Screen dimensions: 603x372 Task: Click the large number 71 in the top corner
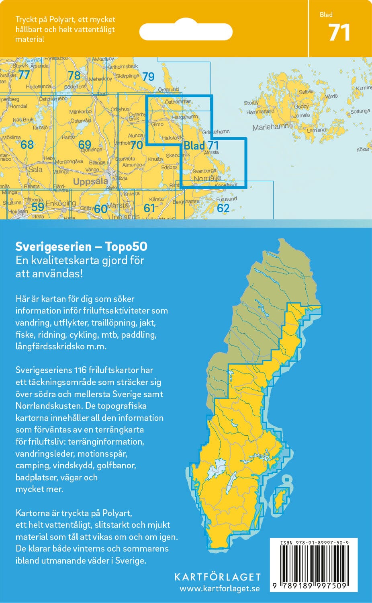pyautogui.click(x=339, y=33)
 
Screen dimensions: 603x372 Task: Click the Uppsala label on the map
pyautogui.click(x=90, y=181)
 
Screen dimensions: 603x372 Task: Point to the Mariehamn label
pyautogui.click(x=270, y=127)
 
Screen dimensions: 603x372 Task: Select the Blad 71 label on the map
pyautogui.click(x=201, y=145)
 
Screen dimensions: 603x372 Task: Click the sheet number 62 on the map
pyautogui.click(x=223, y=208)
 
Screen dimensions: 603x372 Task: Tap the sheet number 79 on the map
pyautogui.click(x=148, y=76)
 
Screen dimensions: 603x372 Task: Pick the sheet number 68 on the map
pyautogui.click(x=27, y=144)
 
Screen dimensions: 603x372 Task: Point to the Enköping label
pyautogui.click(x=61, y=203)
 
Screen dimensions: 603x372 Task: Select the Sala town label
pyautogui.click(x=35, y=170)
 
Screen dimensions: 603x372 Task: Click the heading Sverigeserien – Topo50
pyautogui.click(x=81, y=246)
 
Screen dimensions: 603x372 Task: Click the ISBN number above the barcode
pyautogui.click(x=314, y=543)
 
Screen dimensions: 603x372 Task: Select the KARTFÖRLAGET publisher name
pyautogui.click(x=217, y=577)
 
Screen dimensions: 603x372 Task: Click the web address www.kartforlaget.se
pyautogui.click(x=219, y=589)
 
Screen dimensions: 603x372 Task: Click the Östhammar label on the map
pyautogui.click(x=178, y=102)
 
